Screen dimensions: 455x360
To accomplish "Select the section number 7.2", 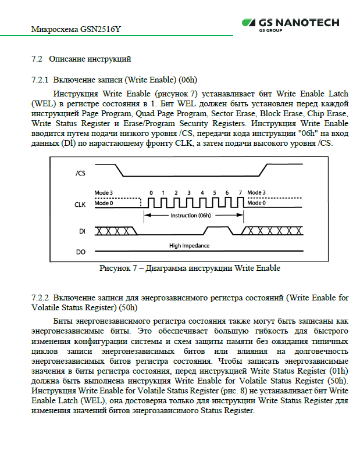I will (37, 59).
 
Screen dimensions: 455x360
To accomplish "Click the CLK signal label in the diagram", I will (81, 204).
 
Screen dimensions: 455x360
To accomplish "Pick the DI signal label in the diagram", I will (82, 231).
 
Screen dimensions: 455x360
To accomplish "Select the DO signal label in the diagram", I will (81, 252).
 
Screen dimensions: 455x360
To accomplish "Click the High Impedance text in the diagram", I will (189, 246).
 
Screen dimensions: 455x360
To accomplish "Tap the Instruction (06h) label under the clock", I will (190, 215).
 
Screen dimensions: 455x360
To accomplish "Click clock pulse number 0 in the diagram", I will (151, 192).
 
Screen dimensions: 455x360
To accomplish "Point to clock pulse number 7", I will (240, 192).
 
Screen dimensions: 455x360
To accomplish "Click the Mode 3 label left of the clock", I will (104, 192).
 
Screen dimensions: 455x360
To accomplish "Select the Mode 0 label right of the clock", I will (256, 203).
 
